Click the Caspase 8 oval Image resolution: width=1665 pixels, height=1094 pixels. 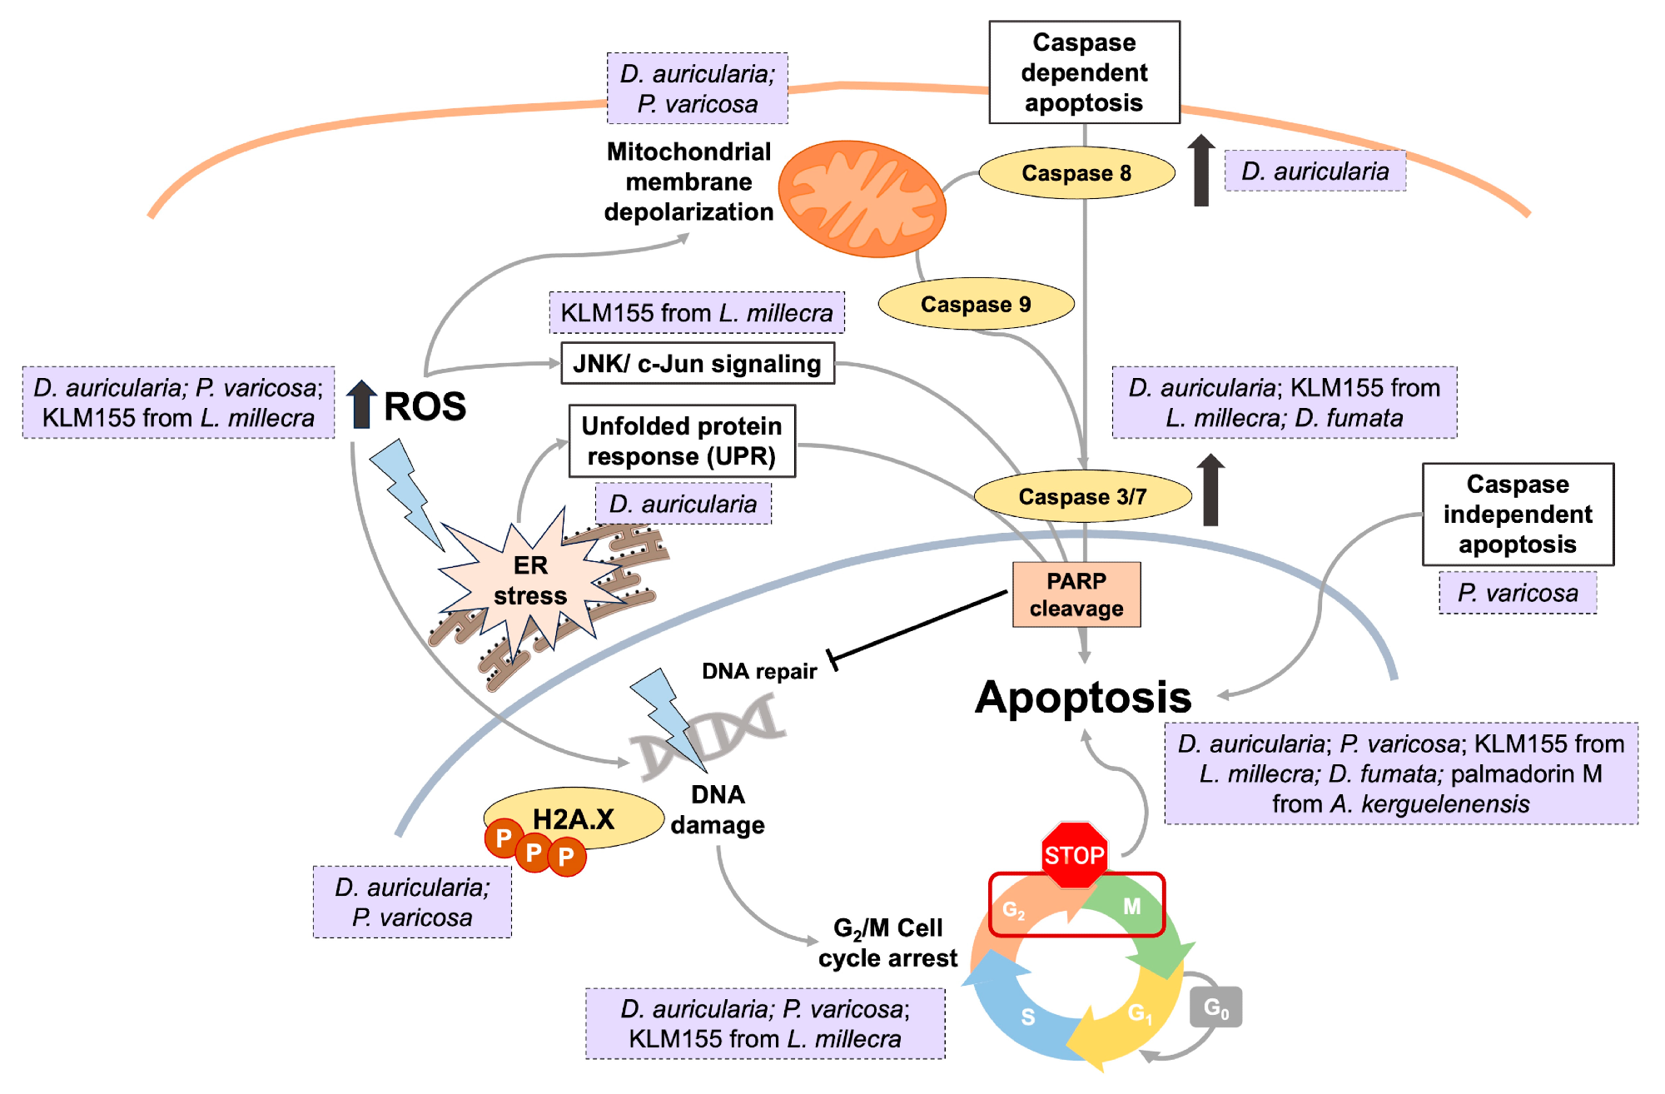pos(1076,173)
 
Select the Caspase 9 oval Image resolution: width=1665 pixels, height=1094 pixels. pos(976,305)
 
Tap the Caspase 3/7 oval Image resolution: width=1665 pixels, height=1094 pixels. pos(1082,497)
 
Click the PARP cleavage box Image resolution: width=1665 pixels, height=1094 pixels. pos(1076,594)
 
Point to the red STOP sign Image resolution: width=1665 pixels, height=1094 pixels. pos(1074,854)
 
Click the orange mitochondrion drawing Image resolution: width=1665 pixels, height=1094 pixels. pos(862,199)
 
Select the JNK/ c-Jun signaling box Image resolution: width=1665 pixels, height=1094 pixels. pos(697,364)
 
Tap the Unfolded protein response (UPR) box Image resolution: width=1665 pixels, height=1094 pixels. pos(682,441)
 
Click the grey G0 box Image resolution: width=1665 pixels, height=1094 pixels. pos(1215,1007)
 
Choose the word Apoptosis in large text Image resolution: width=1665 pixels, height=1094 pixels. pos(1083,697)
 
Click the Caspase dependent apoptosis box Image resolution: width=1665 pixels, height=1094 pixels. pos(1084,72)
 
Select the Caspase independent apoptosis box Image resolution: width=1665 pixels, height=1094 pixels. pos(1518,515)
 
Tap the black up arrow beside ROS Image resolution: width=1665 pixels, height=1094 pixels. pos(361,405)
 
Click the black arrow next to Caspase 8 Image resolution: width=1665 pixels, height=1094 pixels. pos(1200,171)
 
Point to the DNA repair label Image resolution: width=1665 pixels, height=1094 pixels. pos(759,671)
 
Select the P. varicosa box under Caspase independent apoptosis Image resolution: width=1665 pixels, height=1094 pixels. pos(1518,593)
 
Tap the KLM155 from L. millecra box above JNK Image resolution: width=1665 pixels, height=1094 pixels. pos(697,313)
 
